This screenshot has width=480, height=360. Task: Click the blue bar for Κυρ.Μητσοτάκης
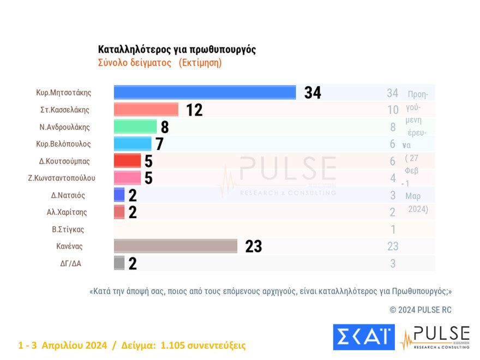coord(205,92)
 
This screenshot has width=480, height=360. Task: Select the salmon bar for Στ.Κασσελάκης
coord(146,110)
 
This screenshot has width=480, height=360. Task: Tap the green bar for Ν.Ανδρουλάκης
coord(135,127)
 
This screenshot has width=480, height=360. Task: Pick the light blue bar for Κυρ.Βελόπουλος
coord(132,144)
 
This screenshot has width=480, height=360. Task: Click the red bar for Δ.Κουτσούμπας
coord(127,161)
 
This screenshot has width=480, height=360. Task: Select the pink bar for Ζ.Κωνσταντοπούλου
coord(127,178)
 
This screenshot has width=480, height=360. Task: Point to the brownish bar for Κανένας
coord(175,246)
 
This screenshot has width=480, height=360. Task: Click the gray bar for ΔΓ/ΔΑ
coord(119,263)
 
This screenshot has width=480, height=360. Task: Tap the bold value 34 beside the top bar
coord(313,93)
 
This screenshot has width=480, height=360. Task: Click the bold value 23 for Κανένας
coord(254,247)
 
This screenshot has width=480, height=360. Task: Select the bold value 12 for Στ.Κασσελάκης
coord(194,110)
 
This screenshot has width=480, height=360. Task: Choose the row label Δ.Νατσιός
coord(68,195)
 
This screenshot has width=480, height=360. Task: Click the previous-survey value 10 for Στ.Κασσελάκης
coord(393,110)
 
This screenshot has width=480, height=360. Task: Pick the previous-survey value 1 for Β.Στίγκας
coord(393,230)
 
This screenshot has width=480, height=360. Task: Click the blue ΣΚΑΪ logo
coord(363,337)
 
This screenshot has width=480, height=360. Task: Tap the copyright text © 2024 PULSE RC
coord(421,310)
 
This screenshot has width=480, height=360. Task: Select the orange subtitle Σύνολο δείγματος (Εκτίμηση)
coord(160,63)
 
